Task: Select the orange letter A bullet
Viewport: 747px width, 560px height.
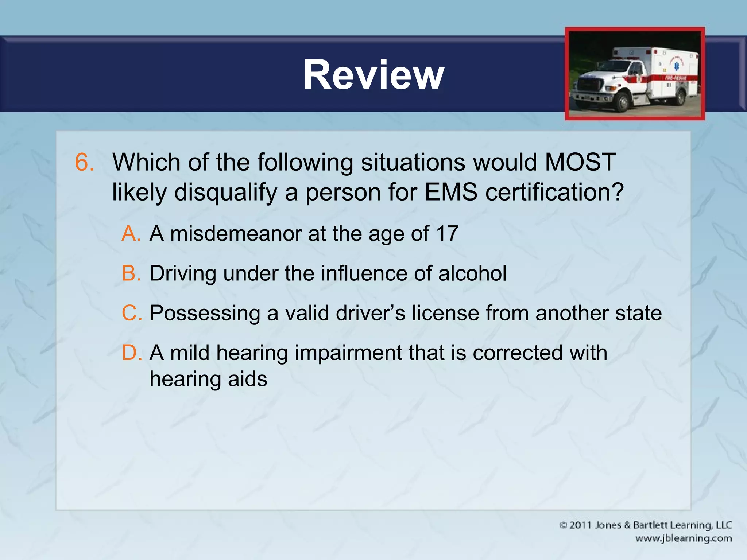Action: click(x=131, y=233)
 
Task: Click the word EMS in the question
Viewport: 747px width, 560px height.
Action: click(x=451, y=192)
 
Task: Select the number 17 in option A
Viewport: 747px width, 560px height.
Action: click(x=447, y=233)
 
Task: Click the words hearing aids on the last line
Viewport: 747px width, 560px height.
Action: click(x=208, y=379)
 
